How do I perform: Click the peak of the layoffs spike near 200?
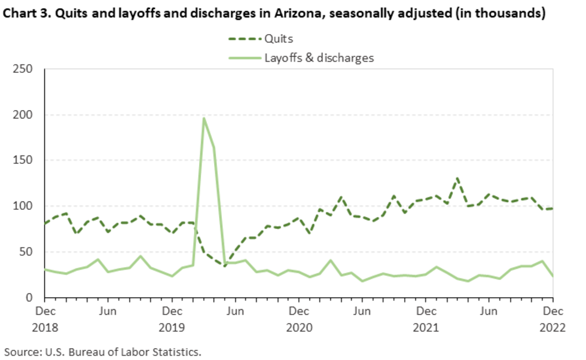tap(204, 118)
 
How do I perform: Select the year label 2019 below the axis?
tap(172, 328)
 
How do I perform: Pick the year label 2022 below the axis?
tap(553, 328)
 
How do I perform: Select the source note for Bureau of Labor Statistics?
tap(102, 350)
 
